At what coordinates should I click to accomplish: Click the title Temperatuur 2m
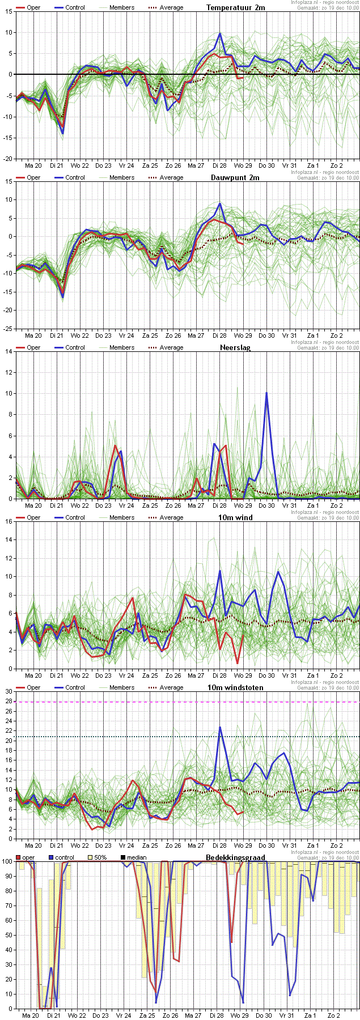click(x=235, y=7)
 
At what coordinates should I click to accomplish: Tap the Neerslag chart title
click(x=235, y=347)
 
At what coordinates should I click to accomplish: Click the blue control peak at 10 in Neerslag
click(x=266, y=393)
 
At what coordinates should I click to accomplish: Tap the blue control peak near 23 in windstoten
click(x=220, y=727)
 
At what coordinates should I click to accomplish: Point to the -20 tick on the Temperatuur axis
click(x=7, y=159)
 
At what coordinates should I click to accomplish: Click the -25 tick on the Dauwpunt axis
click(x=7, y=329)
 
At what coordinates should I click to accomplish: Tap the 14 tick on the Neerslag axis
click(x=9, y=351)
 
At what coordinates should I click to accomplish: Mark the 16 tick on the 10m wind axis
click(x=9, y=521)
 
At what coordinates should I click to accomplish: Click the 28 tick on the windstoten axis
click(x=9, y=702)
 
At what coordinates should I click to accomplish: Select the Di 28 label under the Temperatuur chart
click(x=219, y=165)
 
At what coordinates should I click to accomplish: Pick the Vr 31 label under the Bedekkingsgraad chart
click(x=287, y=1015)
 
